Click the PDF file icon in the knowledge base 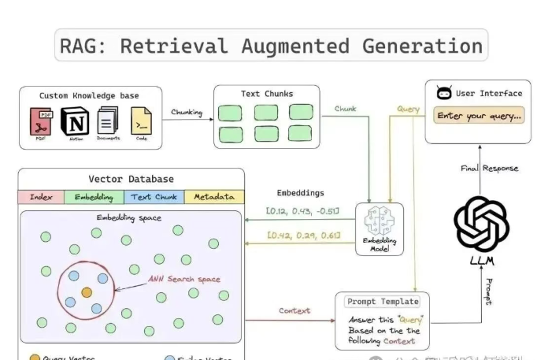coord(41,122)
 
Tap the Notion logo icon coord(74,122)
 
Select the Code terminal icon coord(141,122)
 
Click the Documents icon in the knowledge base coord(108,122)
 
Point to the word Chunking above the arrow coord(187,112)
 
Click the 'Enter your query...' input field coord(479,116)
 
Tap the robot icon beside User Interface coord(444,93)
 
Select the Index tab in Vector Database coord(41,197)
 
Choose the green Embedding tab coord(94,197)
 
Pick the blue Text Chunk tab coord(154,197)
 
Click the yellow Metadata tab coord(214,197)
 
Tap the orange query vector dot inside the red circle coord(87,292)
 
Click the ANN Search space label coord(185,279)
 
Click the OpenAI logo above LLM coord(481,225)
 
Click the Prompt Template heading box coord(382,302)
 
